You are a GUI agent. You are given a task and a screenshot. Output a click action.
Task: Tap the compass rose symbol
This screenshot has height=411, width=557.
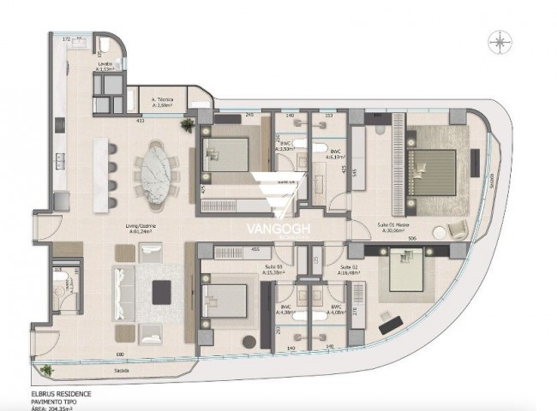[x=499, y=39]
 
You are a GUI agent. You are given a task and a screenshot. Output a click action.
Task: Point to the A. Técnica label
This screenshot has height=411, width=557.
[x=163, y=99]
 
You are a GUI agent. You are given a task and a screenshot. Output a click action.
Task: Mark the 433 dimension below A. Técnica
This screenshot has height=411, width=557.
[x=139, y=121]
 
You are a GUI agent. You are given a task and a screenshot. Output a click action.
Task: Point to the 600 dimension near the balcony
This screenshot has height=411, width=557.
[x=119, y=354]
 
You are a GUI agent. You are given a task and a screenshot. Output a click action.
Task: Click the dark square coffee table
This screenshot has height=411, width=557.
[x=161, y=292]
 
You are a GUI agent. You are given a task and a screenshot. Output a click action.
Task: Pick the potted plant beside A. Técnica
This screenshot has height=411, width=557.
[x=185, y=125]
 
